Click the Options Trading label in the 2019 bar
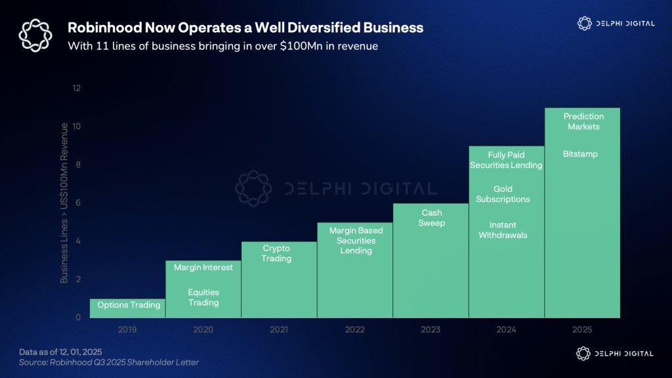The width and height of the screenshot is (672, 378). pyautogui.click(x=129, y=305)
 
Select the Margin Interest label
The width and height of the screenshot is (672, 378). pyautogui.click(x=203, y=268)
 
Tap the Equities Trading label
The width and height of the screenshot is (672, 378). pyautogui.click(x=203, y=297)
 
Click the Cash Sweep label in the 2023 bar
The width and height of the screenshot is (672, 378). pyautogui.click(x=431, y=218)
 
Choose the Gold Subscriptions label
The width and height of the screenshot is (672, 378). pyautogui.click(x=503, y=194)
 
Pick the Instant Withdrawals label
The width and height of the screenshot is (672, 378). pyautogui.click(x=503, y=230)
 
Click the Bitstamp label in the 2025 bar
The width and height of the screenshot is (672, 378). pyautogui.click(x=580, y=154)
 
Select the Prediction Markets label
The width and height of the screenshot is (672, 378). pyautogui.click(x=583, y=121)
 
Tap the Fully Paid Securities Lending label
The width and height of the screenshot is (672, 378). pyautogui.click(x=506, y=160)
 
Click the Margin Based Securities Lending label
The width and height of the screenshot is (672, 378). pyautogui.click(x=356, y=240)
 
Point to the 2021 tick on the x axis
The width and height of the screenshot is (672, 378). pyautogui.click(x=279, y=329)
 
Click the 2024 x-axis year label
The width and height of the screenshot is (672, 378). pyautogui.click(x=506, y=329)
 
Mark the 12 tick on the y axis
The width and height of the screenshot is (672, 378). pyautogui.click(x=77, y=88)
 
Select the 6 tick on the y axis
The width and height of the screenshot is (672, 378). pyautogui.click(x=77, y=203)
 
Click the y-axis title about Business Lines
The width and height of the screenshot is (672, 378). pyautogui.click(x=64, y=202)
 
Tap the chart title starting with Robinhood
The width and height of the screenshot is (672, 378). pyautogui.click(x=245, y=28)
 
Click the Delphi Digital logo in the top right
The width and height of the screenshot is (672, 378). pyautogui.click(x=616, y=24)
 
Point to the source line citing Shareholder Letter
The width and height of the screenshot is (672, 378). pyautogui.click(x=108, y=362)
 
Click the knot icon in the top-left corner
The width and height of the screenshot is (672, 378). pyautogui.click(x=35, y=35)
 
